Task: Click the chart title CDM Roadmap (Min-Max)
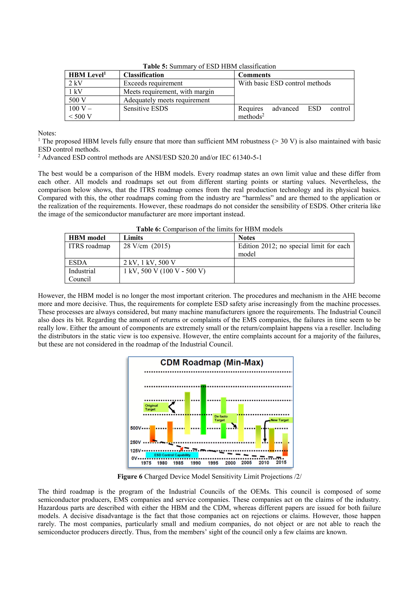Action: click(212, 362)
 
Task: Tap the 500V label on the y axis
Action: click(135, 428)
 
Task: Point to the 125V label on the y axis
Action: click(135, 451)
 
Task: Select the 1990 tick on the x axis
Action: click(196, 463)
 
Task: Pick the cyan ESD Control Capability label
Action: click(172, 455)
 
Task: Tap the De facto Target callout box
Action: click(224, 418)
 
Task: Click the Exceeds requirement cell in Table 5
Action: click(153, 83)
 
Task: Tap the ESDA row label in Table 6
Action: click(78, 262)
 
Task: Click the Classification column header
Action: click(143, 75)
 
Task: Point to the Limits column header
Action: click(133, 238)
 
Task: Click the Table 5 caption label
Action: click(155, 66)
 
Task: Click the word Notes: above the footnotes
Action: click(47, 133)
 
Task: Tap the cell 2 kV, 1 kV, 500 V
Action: click(149, 262)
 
